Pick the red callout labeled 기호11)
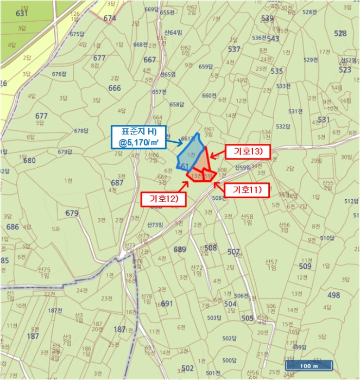(247, 189)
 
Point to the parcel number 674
(110, 18)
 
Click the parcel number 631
(22, 13)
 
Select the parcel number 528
(340, 34)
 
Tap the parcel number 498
(334, 295)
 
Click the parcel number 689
(180, 249)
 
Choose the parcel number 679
(72, 213)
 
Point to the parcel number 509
(305, 267)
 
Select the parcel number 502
(188, 368)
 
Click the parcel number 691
(167, 303)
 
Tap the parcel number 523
(345, 70)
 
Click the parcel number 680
(29, 161)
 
